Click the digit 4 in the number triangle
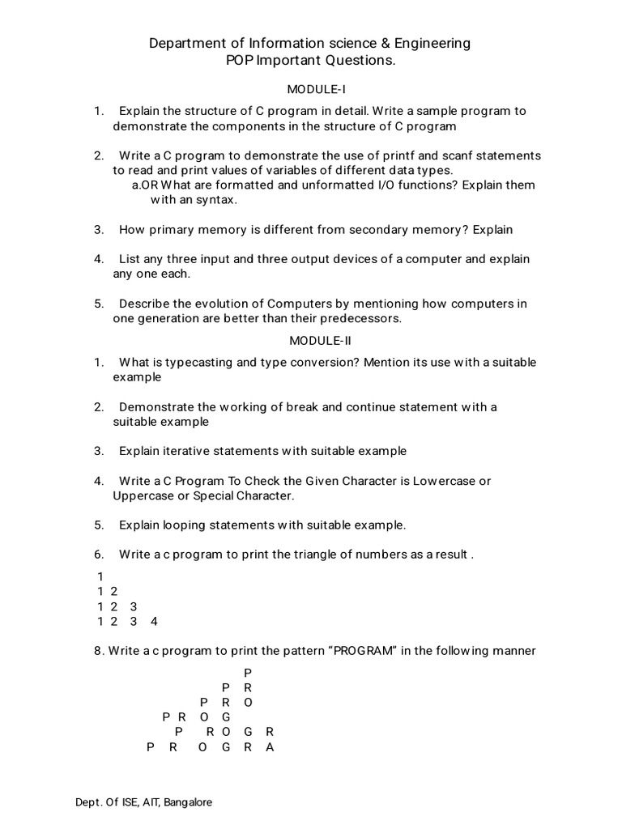click(x=154, y=622)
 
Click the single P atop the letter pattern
click(x=248, y=673)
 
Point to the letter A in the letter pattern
click(x=271, y=747)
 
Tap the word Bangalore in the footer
click(x=188, y=802)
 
